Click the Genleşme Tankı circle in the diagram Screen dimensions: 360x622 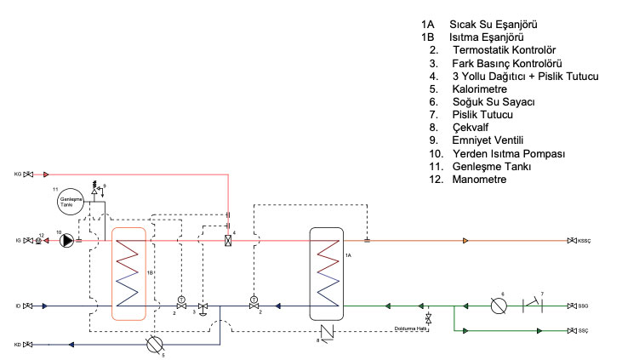click(70, 203)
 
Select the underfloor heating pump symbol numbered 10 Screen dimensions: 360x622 click(66, 240)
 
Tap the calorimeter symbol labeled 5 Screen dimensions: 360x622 click(154, 345)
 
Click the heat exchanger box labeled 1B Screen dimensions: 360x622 click(128, 272)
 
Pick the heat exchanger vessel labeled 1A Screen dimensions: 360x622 click(327, 272)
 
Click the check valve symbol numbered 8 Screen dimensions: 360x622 click(326, 331)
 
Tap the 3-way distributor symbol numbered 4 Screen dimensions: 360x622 click(228, 240)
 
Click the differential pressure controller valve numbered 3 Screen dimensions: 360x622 click(203, 306)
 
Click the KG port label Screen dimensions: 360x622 click(17, 174)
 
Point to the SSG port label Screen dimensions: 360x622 click(585, 305)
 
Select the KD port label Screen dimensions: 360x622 click(17, 345)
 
